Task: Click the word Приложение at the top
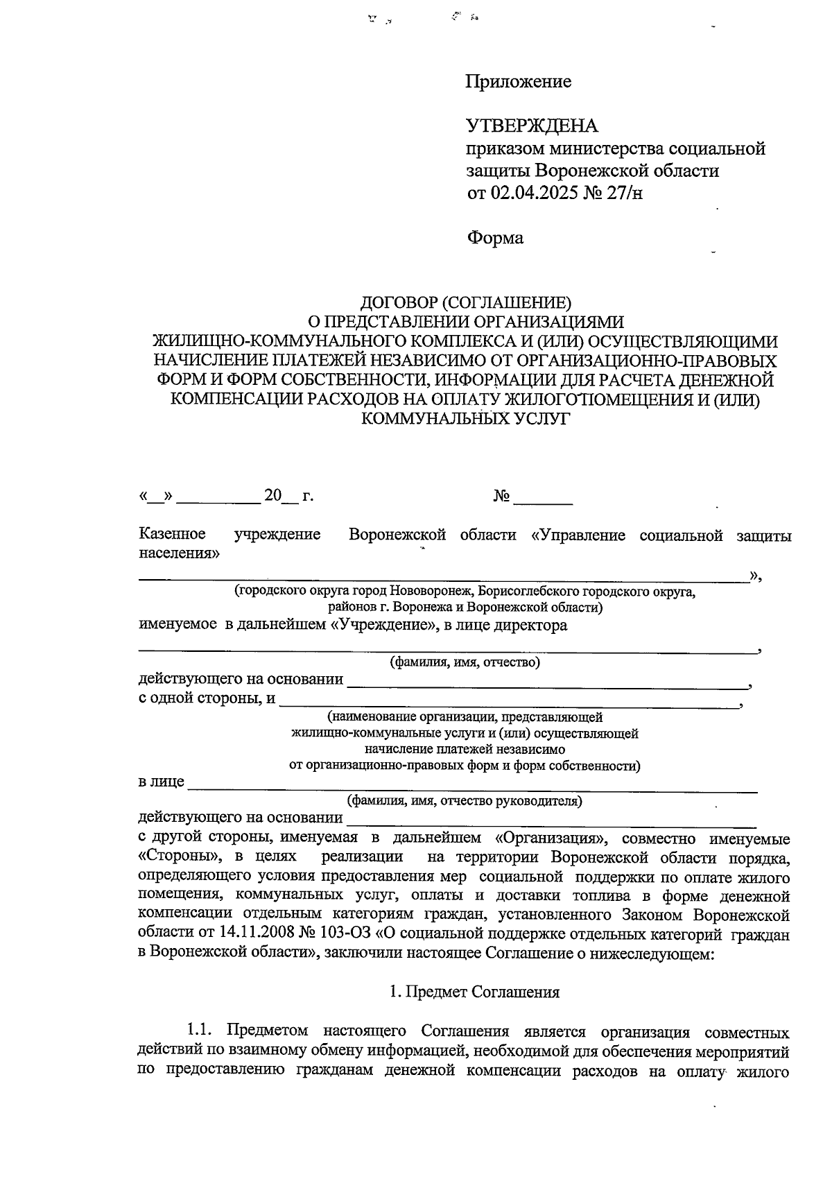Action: point(519,82)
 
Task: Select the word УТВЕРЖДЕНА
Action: point(532,126)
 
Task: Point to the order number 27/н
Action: point(625,192)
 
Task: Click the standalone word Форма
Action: point(495,238)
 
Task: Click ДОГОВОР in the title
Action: point(398,303)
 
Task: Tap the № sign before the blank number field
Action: point(501,497)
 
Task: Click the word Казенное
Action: point(172,535)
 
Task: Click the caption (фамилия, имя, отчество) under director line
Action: point(465,662)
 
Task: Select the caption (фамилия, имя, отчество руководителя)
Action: point(465,801)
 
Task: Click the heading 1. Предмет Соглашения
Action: point(474,992)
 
